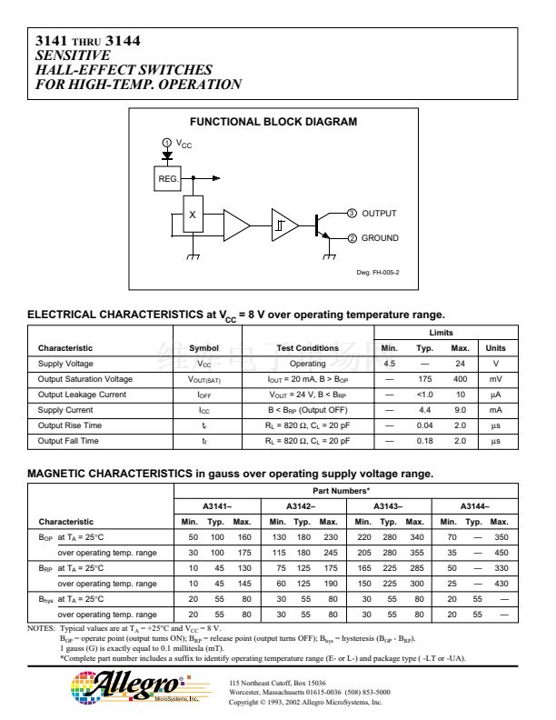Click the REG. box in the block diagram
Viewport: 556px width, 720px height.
point(170,178)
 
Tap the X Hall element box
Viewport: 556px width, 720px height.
point(192,215)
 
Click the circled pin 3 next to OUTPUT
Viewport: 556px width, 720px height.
point(352,214)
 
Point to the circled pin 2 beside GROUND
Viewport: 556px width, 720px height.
point(352,238)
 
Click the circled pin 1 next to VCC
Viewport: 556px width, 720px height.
point(166,144)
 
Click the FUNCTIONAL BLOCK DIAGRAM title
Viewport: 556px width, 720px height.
point(273,122)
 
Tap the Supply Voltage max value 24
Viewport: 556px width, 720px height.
point(461,363)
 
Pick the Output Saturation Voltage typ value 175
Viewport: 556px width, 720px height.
point(423,377)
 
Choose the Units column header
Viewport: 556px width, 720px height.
point(496,347)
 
